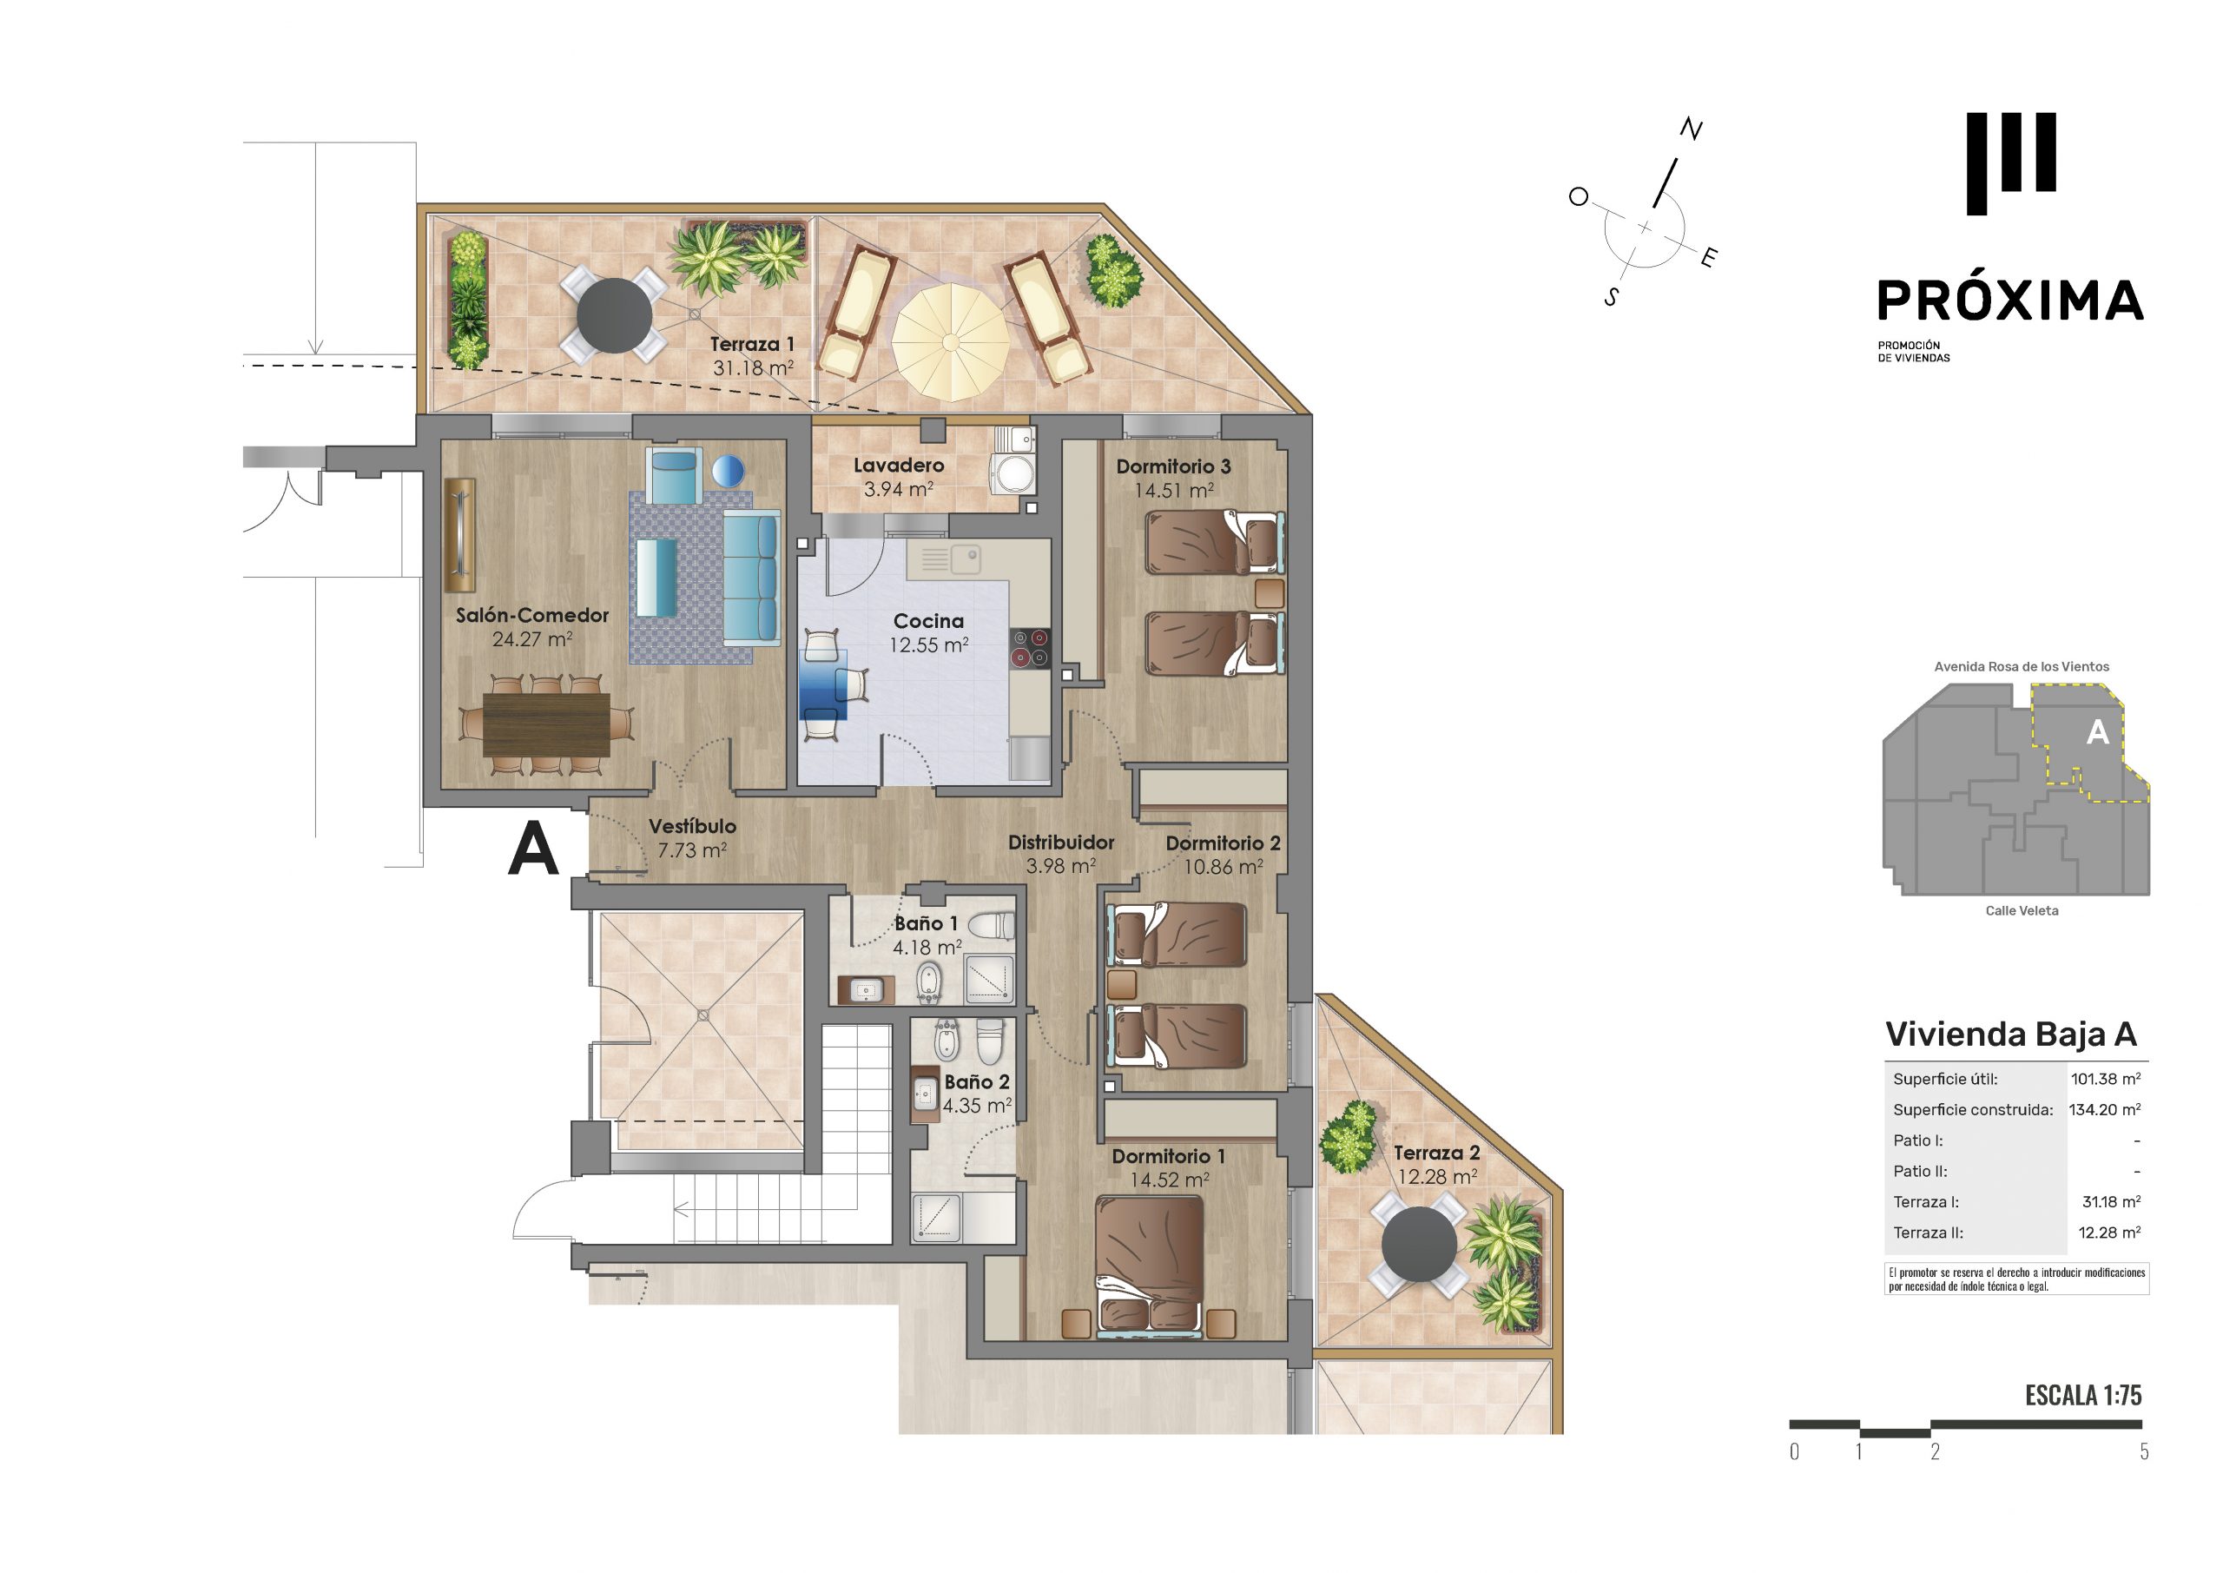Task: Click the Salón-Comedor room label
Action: click(531, 615)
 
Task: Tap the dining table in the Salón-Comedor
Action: click(546, 724)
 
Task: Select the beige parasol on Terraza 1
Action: click(951, 341)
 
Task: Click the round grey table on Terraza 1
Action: click(614, 314)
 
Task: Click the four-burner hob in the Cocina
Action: click(1029, 648)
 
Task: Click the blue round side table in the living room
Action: click(728, 471)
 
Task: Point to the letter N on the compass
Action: click(1691, 129)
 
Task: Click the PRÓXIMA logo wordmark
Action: click(2010, 301)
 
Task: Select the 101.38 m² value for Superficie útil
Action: click(2105, 1078)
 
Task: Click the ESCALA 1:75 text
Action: click(2082, 1395)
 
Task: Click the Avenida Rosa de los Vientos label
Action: click(2022, 666)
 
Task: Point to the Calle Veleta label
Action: click(2022, 910)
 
